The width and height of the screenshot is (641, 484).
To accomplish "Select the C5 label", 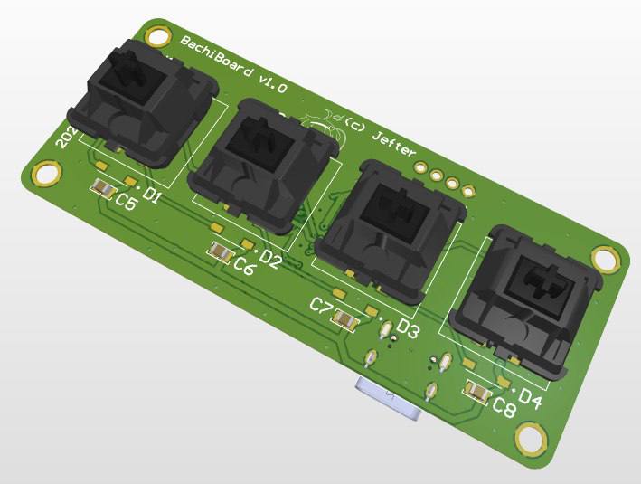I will point(126,204).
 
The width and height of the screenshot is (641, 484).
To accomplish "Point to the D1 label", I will point(151,196).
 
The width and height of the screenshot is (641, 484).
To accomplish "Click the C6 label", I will point(244,266).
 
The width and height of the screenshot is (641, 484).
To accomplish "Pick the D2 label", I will point(270,260).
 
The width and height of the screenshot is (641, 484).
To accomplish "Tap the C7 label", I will point(321,306).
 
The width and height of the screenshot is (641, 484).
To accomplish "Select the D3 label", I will point(408,329).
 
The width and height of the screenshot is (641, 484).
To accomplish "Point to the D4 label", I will point(529,400).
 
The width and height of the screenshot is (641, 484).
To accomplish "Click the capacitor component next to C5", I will point(104,189).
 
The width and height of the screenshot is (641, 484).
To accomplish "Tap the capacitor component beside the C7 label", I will point(344,318).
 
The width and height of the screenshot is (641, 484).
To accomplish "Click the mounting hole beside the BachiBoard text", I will point(156,37).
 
